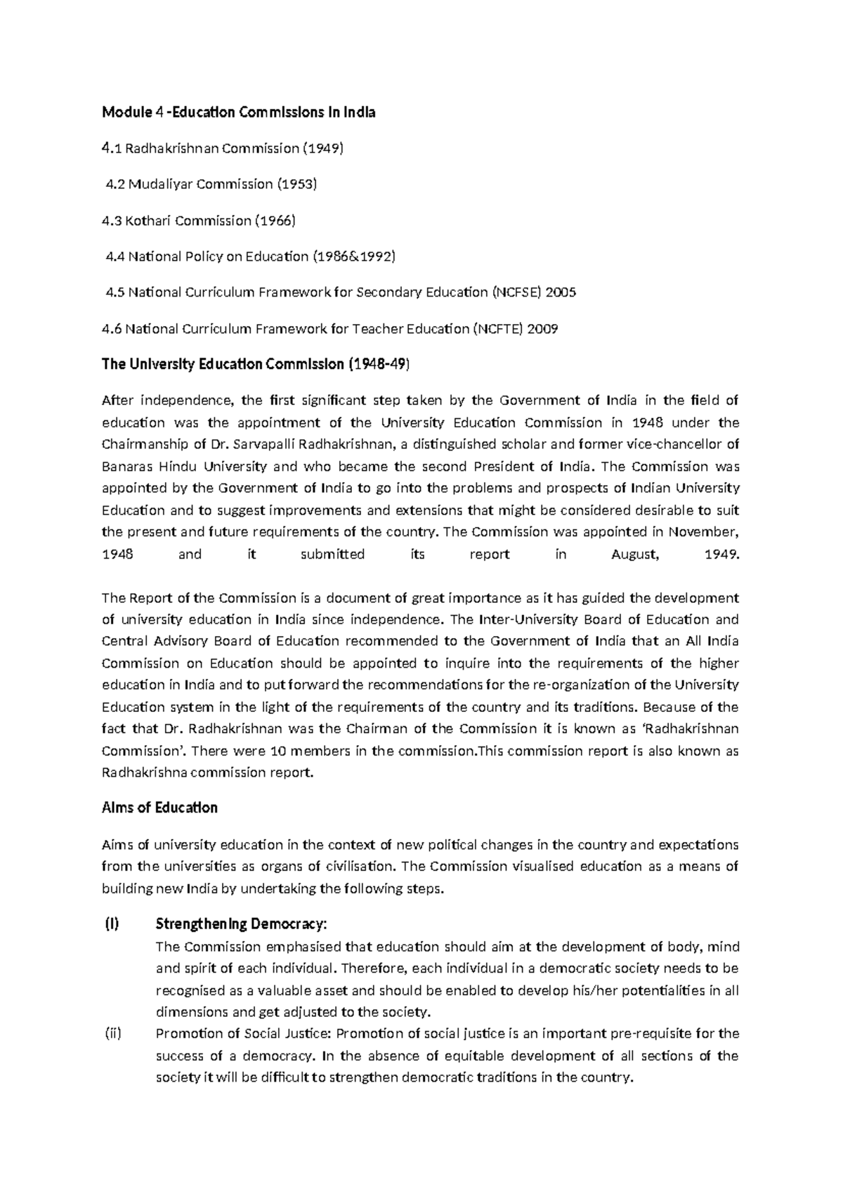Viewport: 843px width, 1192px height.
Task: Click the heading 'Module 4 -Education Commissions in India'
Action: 238,112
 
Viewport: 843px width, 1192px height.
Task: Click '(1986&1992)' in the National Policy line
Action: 353,257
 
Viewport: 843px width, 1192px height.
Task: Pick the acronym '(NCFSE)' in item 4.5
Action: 518,293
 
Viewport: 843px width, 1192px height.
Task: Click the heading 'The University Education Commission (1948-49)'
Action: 256,365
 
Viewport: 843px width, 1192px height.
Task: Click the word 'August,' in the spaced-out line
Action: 635,555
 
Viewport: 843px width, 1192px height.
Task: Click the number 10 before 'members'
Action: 277,751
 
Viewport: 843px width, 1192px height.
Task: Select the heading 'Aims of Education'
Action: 159,808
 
